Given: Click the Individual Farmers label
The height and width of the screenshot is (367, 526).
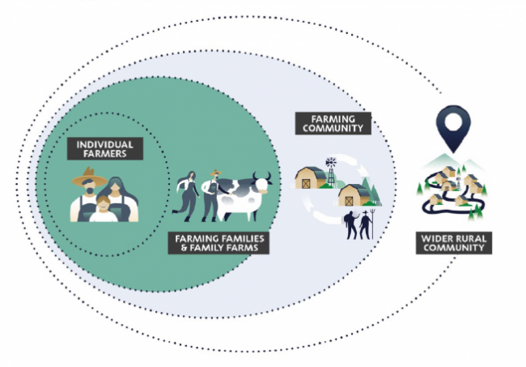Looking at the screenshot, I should pyautogui.click(x=104, y=148).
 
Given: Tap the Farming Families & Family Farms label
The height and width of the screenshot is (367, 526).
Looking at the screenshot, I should pyautogui.click(x=217, y=243).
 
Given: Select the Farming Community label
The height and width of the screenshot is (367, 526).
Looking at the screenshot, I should pyautogui.click(x=333, y=123).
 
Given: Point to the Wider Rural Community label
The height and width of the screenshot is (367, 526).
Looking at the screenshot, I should pyautogui.click(x=454, y=242).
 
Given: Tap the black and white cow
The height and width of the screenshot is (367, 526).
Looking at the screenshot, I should pyautogui.click(x=243, y=195).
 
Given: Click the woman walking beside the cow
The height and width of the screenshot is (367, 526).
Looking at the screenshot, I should pyautogui.click(x=187, y=195).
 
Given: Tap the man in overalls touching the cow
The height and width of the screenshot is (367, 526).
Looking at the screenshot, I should pyautogui.click(x=212, y=195).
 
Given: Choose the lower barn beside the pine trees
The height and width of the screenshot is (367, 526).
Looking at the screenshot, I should pyautogui.click(x=353, y=195).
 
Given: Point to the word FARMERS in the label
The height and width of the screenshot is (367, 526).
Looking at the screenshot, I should pyautogui.click(x=104, y=153).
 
